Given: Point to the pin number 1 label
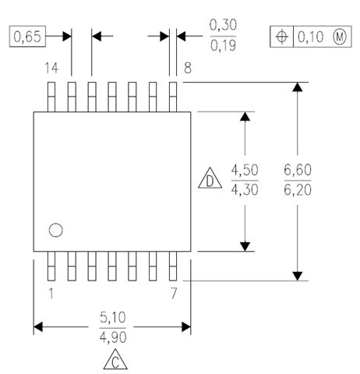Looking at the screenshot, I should tap(51, 294).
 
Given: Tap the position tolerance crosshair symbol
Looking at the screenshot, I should tap(281, 37).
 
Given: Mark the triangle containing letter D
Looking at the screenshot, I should tap(210, 182).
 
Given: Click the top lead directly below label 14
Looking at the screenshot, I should tap(51, 95).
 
